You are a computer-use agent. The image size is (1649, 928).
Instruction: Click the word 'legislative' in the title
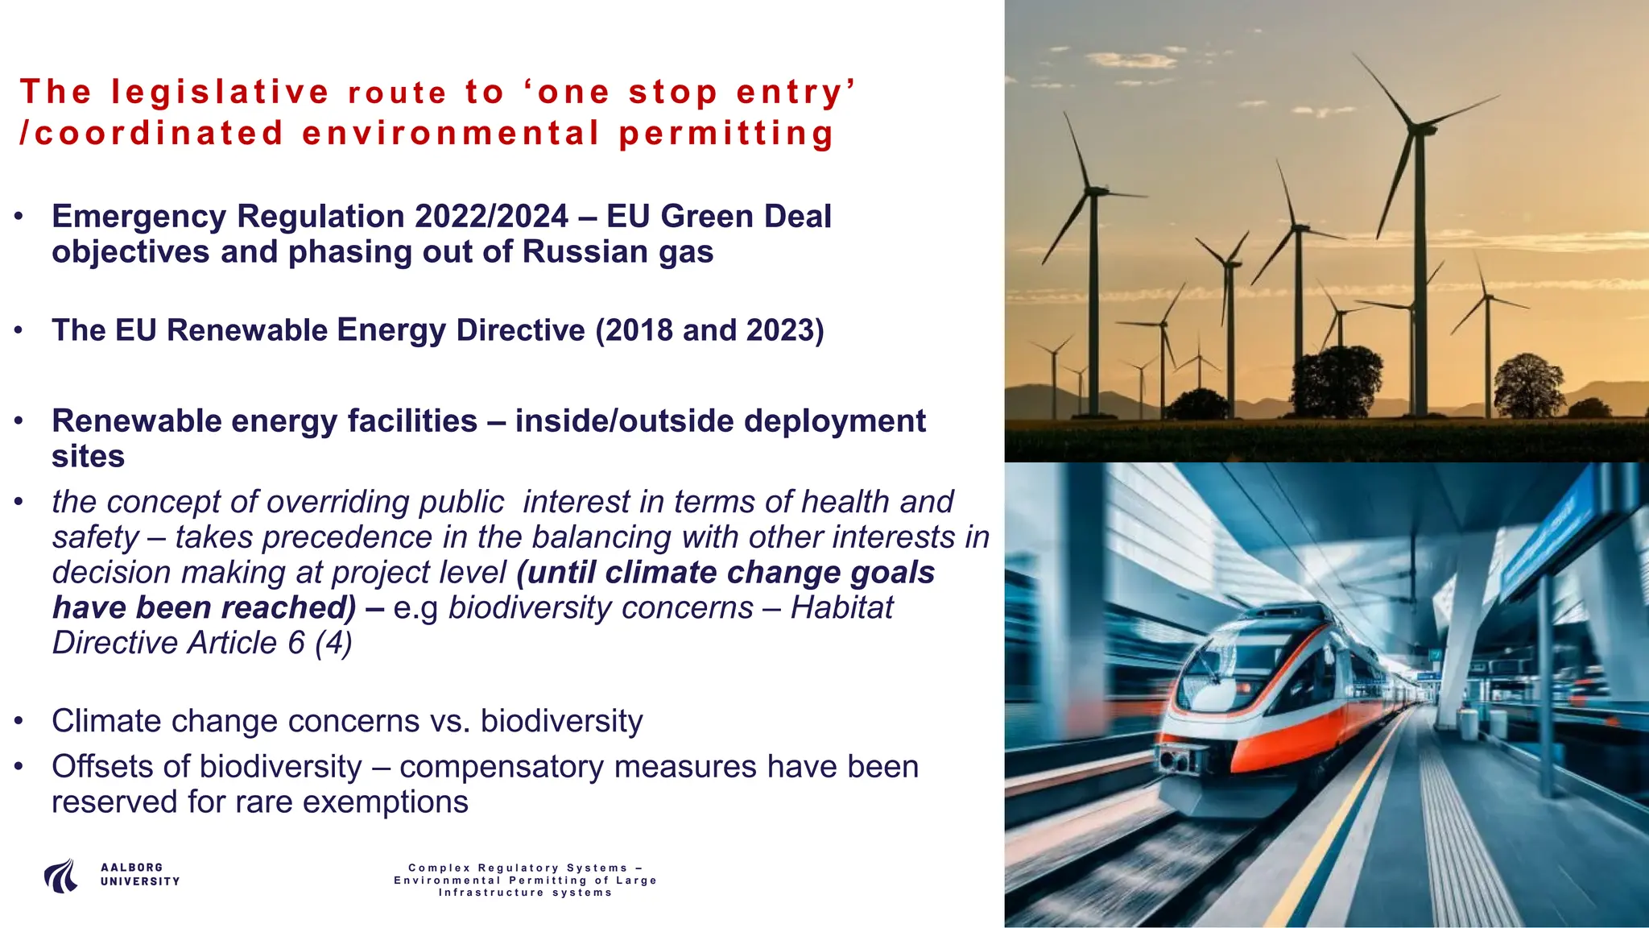(220, 92)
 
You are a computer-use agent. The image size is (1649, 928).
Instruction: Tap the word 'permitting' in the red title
(726, 134)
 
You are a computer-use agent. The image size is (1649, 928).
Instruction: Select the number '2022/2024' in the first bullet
(491, 217)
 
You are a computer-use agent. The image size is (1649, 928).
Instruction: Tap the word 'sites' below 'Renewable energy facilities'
(88, 457)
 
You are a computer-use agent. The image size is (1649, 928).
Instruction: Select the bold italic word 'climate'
(661, 573)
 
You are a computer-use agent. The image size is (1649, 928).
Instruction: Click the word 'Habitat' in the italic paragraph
(841, 607)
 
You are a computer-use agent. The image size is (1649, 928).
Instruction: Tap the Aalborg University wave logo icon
(61, 876)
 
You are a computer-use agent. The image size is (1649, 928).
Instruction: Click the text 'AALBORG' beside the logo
(132, 868)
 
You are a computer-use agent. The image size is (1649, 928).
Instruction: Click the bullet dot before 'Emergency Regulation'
(18, 217)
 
